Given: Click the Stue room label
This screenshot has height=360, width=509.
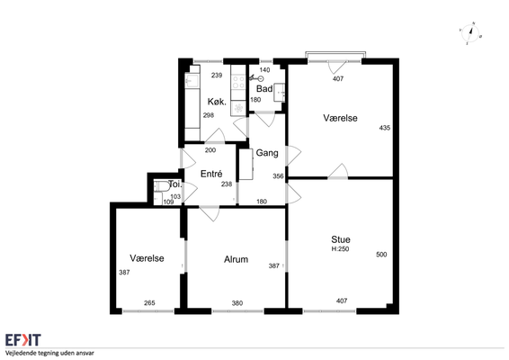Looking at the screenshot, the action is tap(341, 239).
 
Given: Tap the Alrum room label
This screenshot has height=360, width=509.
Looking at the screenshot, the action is tap(236, 259).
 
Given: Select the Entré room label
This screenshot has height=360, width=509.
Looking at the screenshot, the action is tap(211, 174).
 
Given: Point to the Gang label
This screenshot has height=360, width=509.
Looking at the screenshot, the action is tap(267, 153).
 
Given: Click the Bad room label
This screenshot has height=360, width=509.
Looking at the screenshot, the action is tap(264, 89).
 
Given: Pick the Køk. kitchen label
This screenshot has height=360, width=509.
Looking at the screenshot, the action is tap(217, 102).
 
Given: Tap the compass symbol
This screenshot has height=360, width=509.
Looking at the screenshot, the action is tap(470, 32).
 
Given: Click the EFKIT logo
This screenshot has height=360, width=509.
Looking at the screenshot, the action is tap(23, 340).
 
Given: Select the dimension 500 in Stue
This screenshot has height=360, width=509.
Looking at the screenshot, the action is tap(381, 255).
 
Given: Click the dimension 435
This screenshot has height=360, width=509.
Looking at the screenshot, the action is tap(385, 128).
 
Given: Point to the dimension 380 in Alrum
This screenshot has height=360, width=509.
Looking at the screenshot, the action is tap(237, 303).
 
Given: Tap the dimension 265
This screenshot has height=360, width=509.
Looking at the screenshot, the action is tap(149, 302).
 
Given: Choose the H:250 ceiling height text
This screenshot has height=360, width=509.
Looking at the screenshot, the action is tap(340, 249).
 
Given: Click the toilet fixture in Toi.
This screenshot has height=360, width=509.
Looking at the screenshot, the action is tap(161, 186).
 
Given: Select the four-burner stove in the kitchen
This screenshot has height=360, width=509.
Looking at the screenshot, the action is tap(238, 82).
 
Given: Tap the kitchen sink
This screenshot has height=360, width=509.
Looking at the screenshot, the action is tap(192, 81).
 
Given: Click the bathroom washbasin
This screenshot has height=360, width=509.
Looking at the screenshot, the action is tap(279, 93).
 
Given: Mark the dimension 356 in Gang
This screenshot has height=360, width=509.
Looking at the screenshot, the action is tap(278, 176).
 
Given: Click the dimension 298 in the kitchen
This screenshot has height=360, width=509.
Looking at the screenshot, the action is tap(209, 115).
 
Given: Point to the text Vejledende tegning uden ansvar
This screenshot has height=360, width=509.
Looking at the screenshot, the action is tap(49, 353).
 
